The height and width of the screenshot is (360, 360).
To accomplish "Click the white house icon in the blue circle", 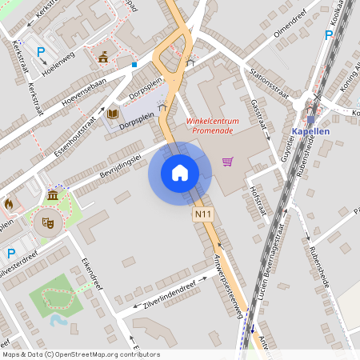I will pos(180,172).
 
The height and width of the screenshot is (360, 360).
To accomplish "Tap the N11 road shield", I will pos(202,215).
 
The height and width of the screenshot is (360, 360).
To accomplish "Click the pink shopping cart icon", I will pos(228,162).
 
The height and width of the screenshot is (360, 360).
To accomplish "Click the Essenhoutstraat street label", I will pos(67,124).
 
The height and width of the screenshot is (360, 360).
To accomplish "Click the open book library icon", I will pos(111,115).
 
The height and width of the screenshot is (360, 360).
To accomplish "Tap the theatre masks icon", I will pos(46,223).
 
